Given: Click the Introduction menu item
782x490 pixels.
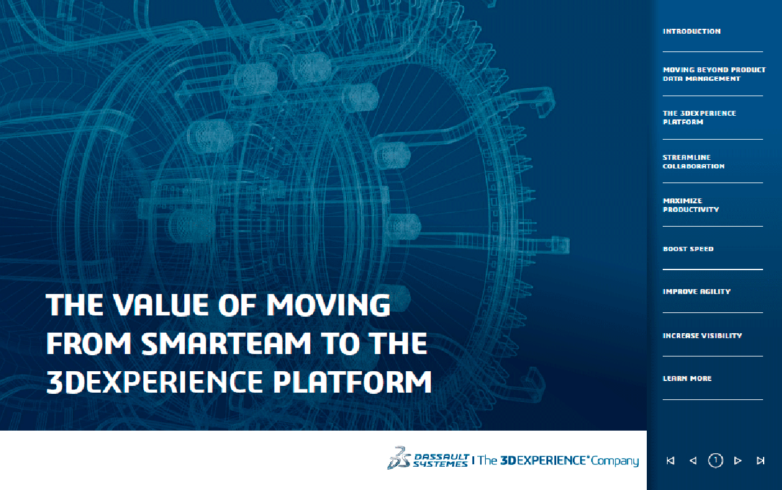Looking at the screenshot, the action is coord(691,31).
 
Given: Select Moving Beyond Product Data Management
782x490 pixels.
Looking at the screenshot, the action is coord(714,74).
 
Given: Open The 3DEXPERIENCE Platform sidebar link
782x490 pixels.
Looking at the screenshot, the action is coord(699,118).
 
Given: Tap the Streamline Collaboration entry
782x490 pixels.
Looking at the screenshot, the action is coord(693,162).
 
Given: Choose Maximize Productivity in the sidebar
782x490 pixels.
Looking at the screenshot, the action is coord(691,205).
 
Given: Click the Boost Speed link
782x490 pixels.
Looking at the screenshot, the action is coord(688,249).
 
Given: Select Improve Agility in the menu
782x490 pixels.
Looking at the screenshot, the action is coord(696,292).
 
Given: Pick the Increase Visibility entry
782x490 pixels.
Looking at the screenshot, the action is coord(702,336).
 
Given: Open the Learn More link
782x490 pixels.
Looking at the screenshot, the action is coord(687,379).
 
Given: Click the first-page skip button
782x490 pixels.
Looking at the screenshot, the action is coord(670,461).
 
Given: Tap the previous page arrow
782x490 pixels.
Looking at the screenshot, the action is coord(693,461).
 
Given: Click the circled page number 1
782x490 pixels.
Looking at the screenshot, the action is coord(715,460).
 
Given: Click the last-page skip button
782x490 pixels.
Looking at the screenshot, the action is coord(761,461).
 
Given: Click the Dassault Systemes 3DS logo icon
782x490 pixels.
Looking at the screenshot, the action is coord(399,458).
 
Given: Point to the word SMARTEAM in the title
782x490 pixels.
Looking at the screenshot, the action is coord(226,343).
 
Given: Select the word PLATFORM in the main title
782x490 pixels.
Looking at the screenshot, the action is coord(352,382).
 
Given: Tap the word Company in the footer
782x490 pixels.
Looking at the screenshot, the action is coord(615,461).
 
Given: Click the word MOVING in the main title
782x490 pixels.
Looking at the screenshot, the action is coord(329,305).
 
